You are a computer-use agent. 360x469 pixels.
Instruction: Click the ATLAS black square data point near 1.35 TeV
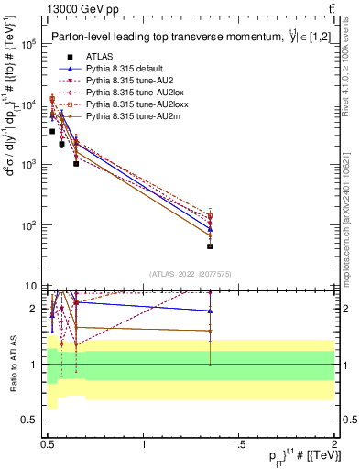click(x=211, y=246)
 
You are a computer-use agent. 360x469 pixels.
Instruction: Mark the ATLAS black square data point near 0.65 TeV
click(x=76, y=164)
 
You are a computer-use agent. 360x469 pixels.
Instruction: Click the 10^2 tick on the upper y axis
click(x=31, y=225)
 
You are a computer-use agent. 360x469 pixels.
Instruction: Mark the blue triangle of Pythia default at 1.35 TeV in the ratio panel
click(x=211, y=311)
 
